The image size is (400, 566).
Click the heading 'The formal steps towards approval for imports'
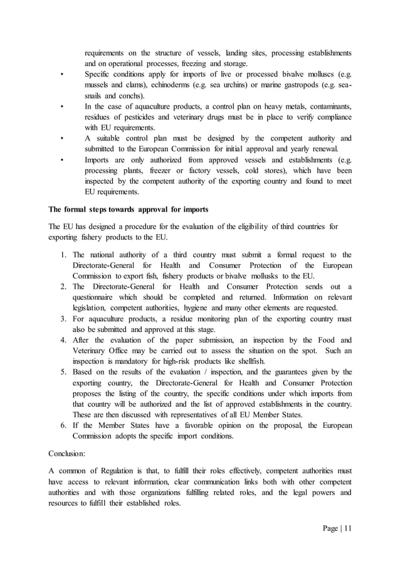pyautogui.click(x=129, y=209)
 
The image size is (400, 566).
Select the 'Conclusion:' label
pyautogui.click(x=71, y=451)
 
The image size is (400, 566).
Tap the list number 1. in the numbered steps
pyautogui.click(x=64, y=255)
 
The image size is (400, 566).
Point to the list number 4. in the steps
pyautogui.click(x=64, y=340)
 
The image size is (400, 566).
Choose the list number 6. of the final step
pyautogui.click(x=64, y=425)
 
